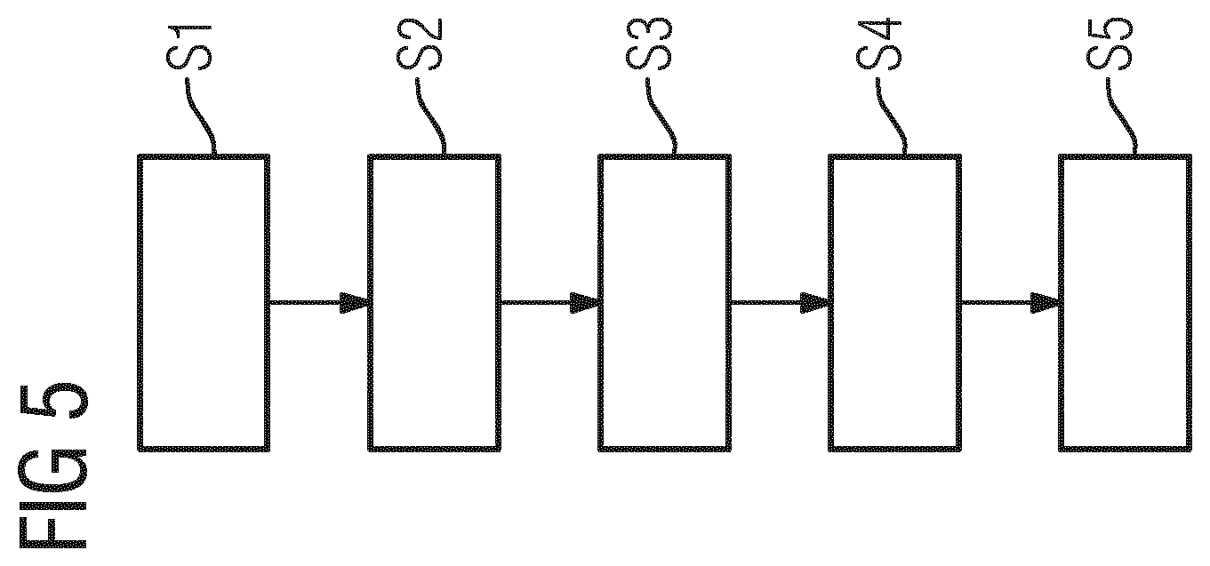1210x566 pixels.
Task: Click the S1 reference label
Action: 189,47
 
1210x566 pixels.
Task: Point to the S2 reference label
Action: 420,44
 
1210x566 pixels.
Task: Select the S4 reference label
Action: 879,45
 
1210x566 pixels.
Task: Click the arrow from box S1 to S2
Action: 318,302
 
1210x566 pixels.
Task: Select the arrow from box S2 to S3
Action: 549,302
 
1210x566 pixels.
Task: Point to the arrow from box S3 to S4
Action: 780,302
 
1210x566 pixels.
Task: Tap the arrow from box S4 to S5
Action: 1010,302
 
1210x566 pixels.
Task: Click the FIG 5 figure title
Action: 53,466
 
